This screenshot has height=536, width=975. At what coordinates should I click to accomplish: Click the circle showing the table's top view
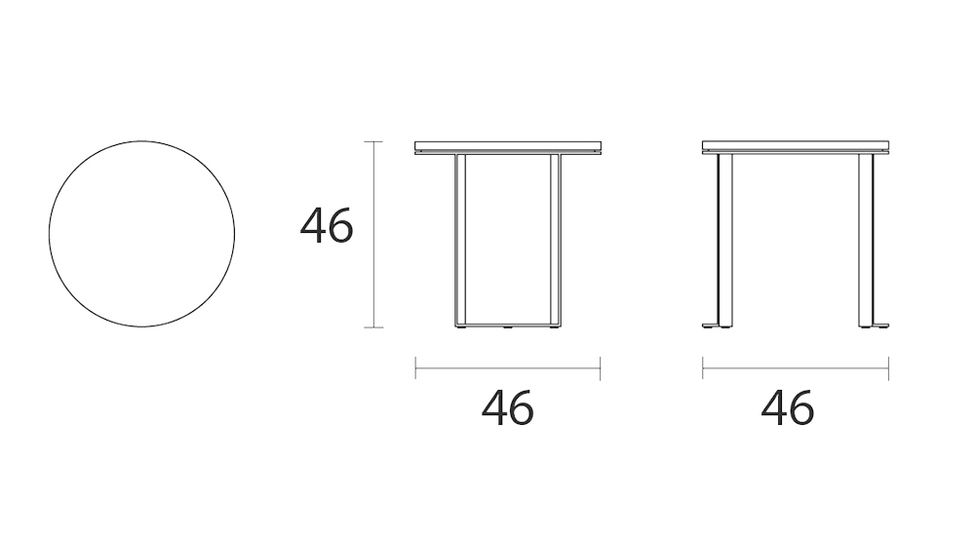point(141,234)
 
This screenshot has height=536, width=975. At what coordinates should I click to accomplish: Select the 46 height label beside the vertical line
point(327,227)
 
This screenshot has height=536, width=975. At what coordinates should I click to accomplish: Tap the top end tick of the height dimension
point(373,142)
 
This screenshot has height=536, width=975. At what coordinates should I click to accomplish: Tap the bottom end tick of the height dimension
point(373,327)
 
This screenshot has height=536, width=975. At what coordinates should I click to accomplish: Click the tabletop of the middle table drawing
point(507,147)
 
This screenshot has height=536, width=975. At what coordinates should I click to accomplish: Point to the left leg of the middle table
point(459,239)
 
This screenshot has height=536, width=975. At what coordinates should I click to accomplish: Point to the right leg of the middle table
point(556,239)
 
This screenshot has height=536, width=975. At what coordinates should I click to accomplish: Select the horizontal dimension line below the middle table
point(507,368)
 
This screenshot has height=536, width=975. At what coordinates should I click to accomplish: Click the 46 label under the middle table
point(507,408)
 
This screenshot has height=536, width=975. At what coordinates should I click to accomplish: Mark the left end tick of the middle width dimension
point(415,368)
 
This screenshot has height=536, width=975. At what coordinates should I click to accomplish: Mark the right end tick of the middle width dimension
point(600,368)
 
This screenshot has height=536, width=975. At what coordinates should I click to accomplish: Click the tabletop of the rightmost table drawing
point(795,147)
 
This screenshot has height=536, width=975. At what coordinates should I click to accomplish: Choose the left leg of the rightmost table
point(724,239)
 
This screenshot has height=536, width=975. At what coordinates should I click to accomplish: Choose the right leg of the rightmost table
point(865,239)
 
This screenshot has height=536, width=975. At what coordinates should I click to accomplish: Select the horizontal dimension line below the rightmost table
point(795,368)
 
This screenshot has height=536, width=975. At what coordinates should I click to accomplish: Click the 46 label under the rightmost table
point(787,408)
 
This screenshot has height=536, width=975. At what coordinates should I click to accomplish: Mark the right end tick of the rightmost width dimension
point(888,368)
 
